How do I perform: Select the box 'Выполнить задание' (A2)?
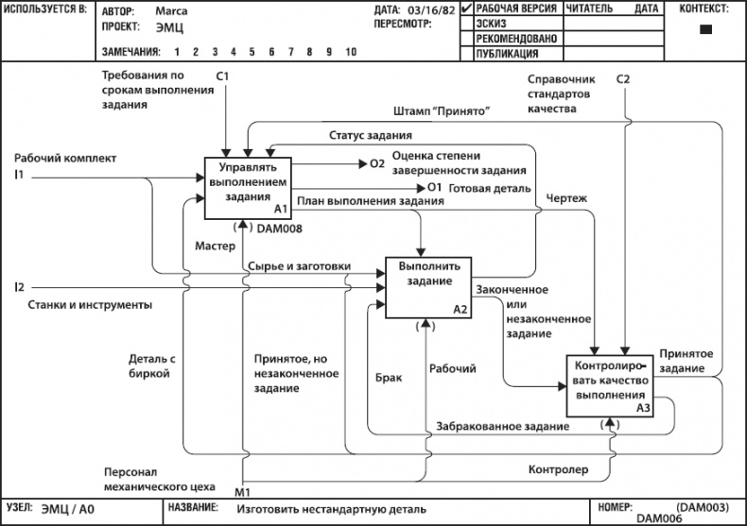426,288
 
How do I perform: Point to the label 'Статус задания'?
364,136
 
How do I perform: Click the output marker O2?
377,163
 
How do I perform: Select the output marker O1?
435,188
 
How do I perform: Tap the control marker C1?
223,76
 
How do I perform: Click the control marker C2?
623,79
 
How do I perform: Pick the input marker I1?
19,175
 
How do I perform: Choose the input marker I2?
19,286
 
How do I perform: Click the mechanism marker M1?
242,491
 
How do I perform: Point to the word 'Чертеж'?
566,198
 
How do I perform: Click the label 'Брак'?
389,377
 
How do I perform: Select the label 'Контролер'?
558,468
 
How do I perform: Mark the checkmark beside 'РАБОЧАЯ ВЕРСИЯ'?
466,8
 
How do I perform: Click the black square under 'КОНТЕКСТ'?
704,29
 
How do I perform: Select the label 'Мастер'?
215,246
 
